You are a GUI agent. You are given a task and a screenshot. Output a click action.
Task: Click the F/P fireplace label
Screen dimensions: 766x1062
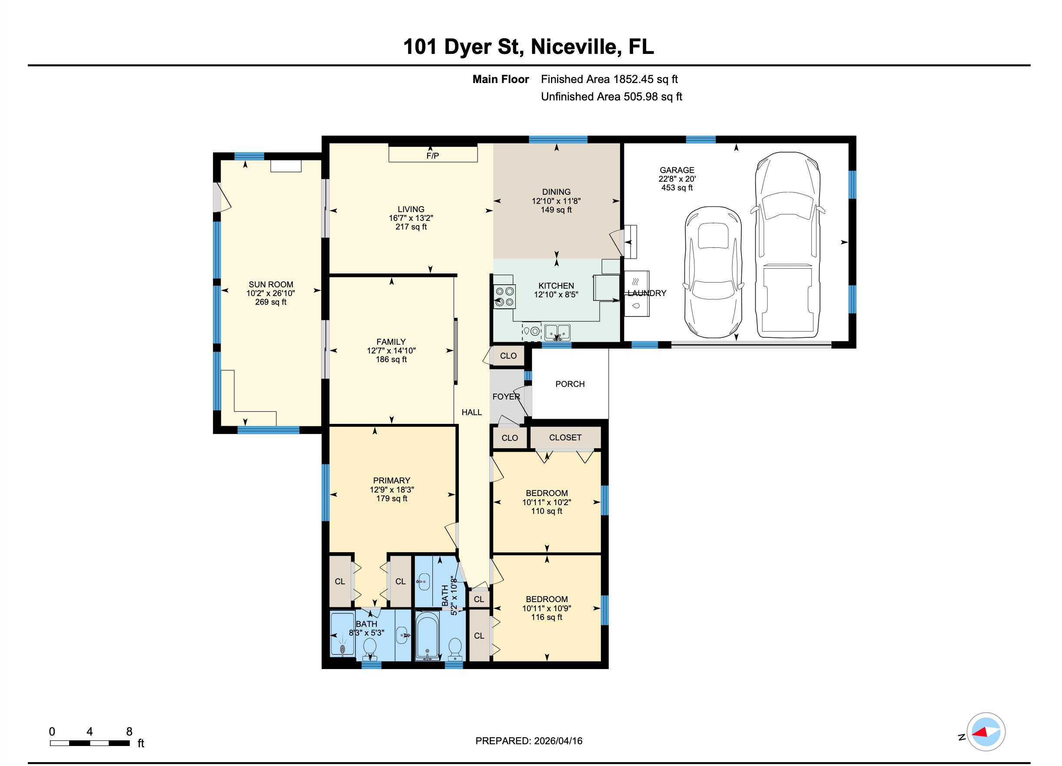pyautogui.click(x=432, y=156)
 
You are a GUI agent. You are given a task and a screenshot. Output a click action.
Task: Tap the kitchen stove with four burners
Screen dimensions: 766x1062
pyautogui.click(x=504, y=296)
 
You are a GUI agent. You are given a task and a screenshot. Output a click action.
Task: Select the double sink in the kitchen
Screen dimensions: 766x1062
pyautogui.click(x=557, y=332)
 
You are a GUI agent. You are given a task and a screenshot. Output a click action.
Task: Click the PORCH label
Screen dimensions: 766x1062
pyautogui.click(x=569, y=384)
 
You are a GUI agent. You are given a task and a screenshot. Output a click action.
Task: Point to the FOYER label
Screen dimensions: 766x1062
pyautogui.click(x=506, y=396)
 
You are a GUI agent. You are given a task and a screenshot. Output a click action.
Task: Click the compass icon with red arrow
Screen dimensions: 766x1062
pyautogui.click(x=986, y=731)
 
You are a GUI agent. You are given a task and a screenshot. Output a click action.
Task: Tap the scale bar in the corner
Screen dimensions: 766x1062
pyautogui.click(x=90, y=743)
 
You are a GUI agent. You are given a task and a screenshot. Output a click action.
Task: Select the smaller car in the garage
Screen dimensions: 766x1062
pyautogui.click(x=713, y=272)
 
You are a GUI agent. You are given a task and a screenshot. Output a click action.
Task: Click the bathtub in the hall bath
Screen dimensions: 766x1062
pyautogui.click(x=427, y=636)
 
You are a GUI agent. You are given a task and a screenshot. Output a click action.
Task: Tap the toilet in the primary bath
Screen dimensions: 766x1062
pyautogui.click(x=369, y=648)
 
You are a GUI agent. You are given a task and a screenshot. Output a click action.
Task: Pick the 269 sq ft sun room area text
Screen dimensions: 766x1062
pyautogui.click(x=270, y=302)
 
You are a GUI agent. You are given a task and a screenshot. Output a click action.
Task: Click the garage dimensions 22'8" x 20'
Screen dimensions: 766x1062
pyautogui.click(x=677, y=179)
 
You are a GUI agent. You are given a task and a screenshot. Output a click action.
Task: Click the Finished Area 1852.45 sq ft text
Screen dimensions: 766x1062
pyautogui.click(x=609, y=79)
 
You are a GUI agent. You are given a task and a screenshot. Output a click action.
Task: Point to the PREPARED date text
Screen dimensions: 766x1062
pyautogui.click(x=529, y=741)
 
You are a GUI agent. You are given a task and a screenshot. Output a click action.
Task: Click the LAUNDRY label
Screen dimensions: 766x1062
pyautogui.click(x=647, y=293)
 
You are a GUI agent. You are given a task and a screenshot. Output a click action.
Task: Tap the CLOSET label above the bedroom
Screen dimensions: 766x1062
pyautogui.click(x=565, y=437)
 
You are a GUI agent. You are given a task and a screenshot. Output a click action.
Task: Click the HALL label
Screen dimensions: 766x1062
pyautogui.click(x=471, y=412)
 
